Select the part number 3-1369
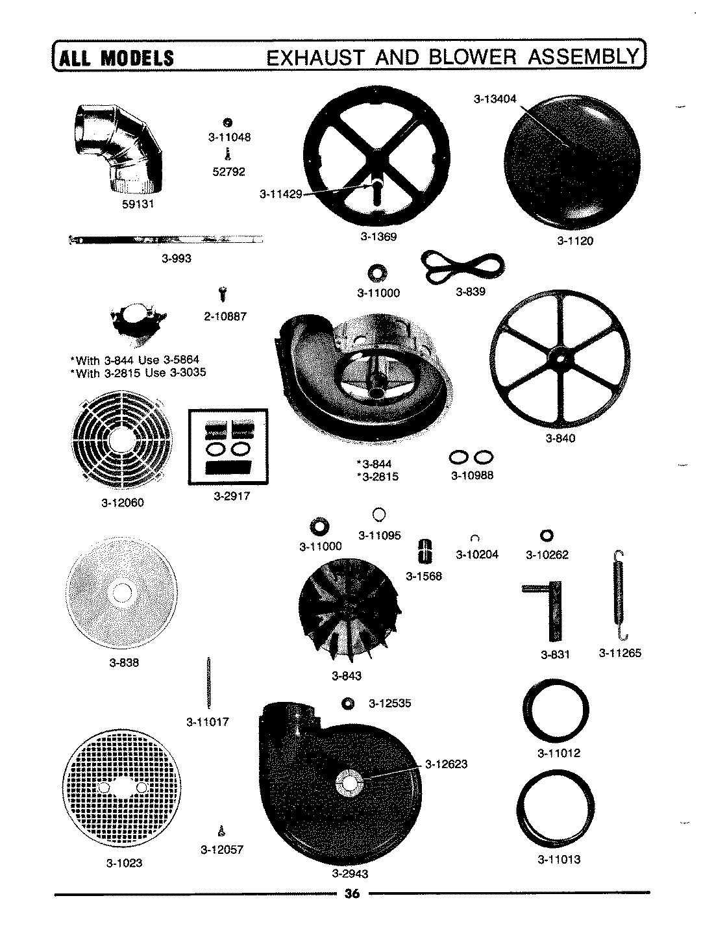tap(378, 237)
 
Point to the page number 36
tap(352, 894)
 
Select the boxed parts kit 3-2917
tap(228, 447)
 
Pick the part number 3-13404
tap(495, 99)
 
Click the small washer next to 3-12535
tap(348, 704)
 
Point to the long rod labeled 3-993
tap(166, 240)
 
